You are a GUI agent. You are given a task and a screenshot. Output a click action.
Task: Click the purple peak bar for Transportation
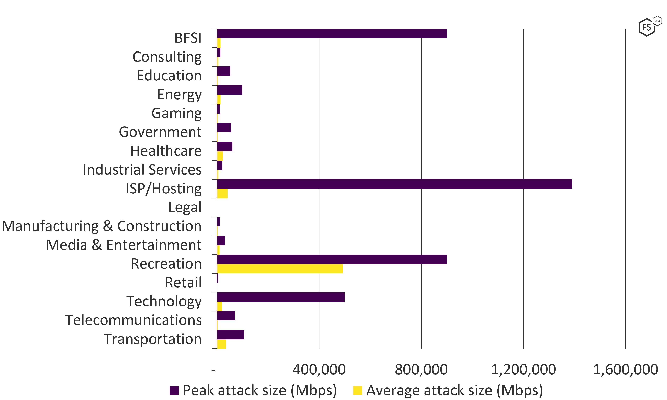click(230, 335)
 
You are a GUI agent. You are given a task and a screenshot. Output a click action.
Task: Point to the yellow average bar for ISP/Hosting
click(222, 193)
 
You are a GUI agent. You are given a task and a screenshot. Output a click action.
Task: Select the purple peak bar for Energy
click(230, 90)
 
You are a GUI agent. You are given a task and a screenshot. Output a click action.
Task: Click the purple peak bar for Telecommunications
click(226, 316)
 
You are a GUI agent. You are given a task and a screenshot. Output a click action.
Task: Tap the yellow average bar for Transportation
click(221, 344)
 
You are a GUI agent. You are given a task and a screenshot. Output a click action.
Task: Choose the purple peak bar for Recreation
click(332, 259)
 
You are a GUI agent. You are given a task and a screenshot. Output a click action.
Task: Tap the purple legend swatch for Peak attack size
click(174, 390)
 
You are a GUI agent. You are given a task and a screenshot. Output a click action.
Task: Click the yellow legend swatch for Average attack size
click(358, 390)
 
